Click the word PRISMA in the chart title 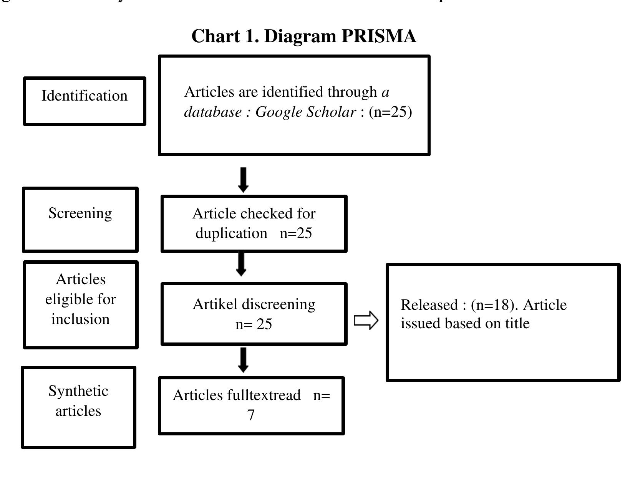[378, 36]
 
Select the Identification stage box [85, 101]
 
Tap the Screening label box [80, 219]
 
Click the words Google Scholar [305, 112]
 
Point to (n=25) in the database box [390, 112]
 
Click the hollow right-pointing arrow [366, 320]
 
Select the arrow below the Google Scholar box [243, 180]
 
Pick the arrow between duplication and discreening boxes [241, 264]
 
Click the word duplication [231, 233]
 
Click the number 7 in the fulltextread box [251, 415]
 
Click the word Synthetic [78, 391]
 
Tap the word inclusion [80, 319]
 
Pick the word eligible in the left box [64, 299]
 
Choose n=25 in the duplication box [296, 233]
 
